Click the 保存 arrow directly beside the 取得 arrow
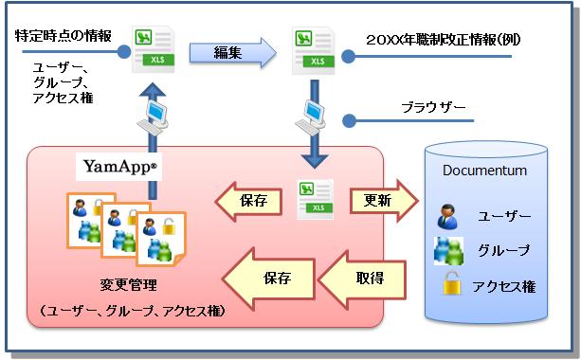pyautogui.click(x=275, y=279)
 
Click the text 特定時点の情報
pyautogui.click(x=64, y=37)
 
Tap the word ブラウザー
pyautogui.click(x=435, y=108)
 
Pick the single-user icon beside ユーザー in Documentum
pyautogui.click(x=446, y=217)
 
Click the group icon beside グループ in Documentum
pyautogui.click(x=448, y=250)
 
